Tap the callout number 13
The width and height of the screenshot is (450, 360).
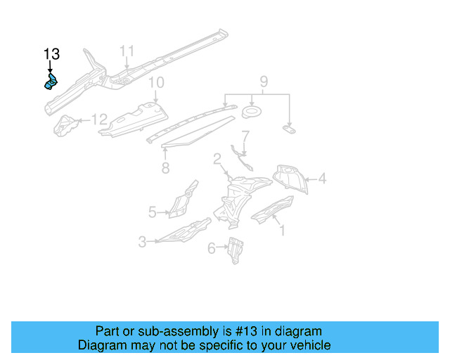51,54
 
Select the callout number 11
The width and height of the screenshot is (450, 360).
127,51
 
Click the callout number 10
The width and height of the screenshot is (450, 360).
155,83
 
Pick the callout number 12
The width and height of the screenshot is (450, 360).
99,120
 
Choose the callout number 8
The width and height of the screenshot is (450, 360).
165,167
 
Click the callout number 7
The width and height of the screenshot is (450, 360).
245,136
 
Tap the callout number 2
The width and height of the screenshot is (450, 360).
218,159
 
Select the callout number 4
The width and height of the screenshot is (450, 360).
322,179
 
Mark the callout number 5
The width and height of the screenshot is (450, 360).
152,211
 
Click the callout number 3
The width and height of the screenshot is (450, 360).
142,242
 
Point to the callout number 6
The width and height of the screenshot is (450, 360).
211,247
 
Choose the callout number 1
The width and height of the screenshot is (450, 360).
282,229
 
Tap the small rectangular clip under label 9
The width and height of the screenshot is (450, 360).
289,128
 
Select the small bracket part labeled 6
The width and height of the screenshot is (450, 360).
235,249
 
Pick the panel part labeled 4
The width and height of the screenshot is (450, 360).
291,179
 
